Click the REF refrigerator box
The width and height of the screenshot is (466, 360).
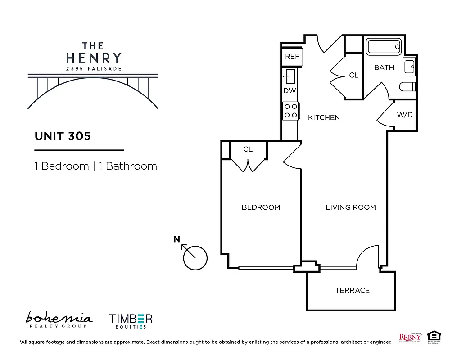coord(292,57)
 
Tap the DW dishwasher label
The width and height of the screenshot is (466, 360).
coord(290,90)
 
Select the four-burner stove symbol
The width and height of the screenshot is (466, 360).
coord(291,111)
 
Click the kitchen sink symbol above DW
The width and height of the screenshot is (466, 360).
coord(289,76)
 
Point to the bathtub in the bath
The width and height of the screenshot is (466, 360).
coord(384,47)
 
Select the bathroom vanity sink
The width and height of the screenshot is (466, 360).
coord(410,67)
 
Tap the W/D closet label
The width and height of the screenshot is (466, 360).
coord(404,115)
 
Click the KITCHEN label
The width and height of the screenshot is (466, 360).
coord(324,117)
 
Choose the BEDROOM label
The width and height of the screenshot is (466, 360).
coord(261,207)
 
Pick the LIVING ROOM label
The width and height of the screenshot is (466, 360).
coord(350,207)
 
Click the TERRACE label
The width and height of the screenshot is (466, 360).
coord(352,290)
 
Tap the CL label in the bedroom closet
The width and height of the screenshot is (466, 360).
coord(248,149)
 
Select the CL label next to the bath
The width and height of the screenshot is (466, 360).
coord(354,75)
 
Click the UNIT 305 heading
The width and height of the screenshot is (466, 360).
coord(63,136)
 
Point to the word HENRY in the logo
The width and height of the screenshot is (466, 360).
coord(94,58)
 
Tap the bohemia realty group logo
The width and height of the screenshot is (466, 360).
coord(59,319)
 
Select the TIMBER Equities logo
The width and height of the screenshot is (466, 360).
coord(131,321)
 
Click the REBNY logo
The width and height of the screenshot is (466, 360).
coord(410,337)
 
